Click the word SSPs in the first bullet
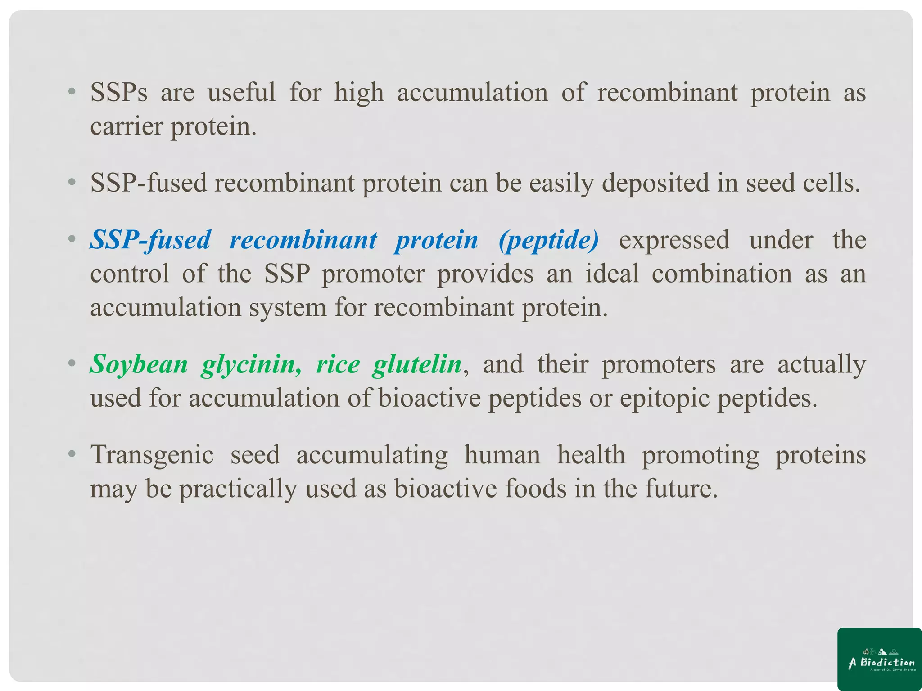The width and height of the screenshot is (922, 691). [x=119, y=93]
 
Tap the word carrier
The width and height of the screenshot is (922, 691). [x=126, y=126]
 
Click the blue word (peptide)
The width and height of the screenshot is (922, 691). [x=549, y=240]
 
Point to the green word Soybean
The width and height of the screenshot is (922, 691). [x=139, y=364]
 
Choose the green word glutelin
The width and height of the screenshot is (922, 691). [x=417, y=364]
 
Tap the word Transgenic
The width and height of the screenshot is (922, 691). [x=152, y=455]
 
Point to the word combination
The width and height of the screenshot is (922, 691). [x=722, y=274]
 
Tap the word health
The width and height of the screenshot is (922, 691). [x=591, y=455]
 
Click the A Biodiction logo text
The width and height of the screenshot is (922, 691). [x=881, y=662]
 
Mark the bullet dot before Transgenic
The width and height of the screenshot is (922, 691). [x=72, y=454]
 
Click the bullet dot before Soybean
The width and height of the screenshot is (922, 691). [x=72, y=363]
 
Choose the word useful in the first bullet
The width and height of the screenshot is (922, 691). [x=241, y=93]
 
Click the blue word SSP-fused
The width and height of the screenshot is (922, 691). [x=150, y=240]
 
